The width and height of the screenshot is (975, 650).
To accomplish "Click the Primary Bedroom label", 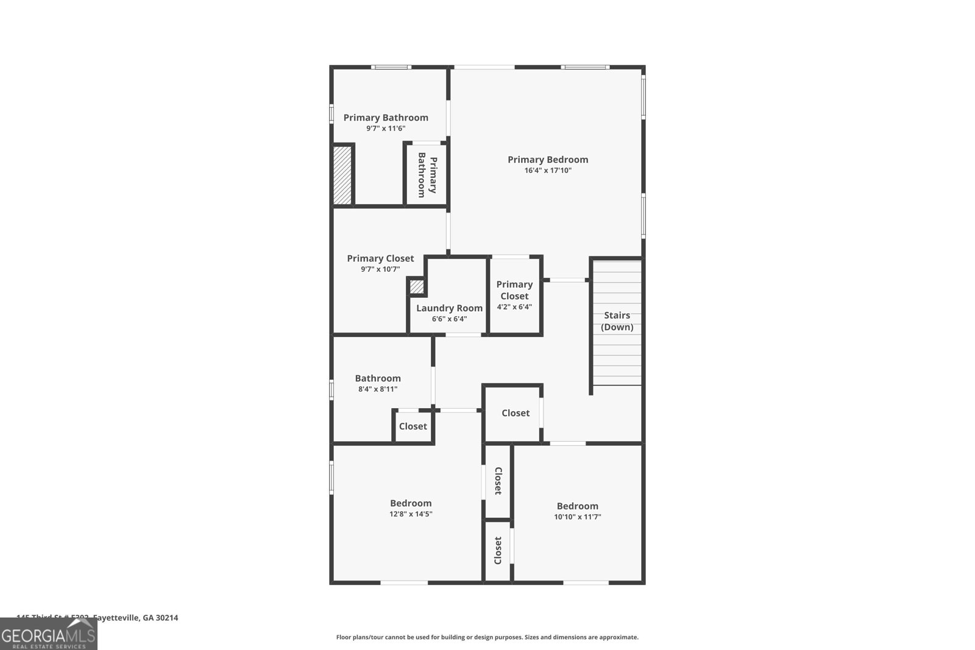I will (548, 160).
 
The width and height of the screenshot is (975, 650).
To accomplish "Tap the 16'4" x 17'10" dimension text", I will (548, 171).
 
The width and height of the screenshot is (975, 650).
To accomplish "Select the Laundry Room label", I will (449, 308).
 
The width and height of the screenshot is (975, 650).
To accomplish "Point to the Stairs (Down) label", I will (617, 321).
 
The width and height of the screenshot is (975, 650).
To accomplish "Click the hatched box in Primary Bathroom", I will (342, 175).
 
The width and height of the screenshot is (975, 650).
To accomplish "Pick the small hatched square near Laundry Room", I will (416, 286).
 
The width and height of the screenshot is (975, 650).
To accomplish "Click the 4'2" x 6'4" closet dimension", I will (514, 307).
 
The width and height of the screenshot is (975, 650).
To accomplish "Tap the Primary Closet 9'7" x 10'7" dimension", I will (380, 269).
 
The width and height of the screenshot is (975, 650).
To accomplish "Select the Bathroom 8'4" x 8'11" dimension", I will (378, 389).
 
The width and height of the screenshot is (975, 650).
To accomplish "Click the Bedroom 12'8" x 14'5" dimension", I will (411, 514).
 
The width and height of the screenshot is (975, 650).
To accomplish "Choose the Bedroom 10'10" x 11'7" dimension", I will (577, 517).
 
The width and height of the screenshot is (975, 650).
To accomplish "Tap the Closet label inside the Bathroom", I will (413, 426).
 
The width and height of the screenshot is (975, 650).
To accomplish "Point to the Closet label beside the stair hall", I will (516, 413).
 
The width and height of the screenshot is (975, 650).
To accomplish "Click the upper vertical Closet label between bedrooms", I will (498, 481).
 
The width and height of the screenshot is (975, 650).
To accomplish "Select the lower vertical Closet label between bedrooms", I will (498, 550).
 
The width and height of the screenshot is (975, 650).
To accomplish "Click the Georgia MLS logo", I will (48, 635).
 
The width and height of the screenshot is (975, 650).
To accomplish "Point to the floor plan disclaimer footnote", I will (487, 637).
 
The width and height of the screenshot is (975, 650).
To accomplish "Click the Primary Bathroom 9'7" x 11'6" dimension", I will (385, 129).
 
